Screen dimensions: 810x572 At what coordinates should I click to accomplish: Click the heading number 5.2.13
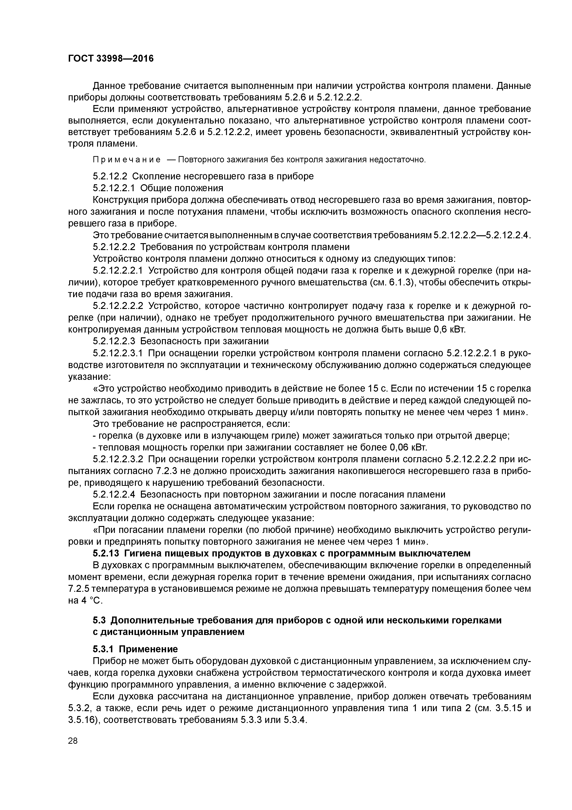[106, 553]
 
